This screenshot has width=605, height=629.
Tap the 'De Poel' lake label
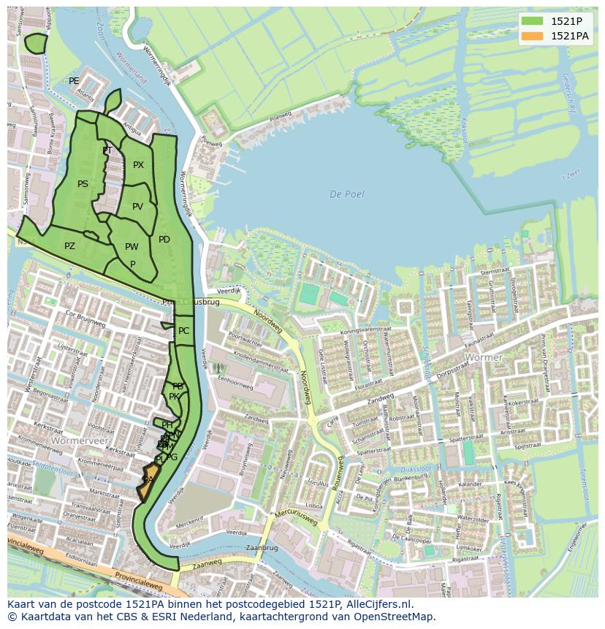click(x=346, y=194)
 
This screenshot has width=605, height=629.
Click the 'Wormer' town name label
click(x=483, y=358)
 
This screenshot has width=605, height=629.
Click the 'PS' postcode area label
click(x=83, y=184)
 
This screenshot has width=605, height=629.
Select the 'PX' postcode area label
click(x=138, y=165)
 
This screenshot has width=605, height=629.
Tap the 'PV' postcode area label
click(x=137, y=207)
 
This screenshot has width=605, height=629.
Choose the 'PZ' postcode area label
click(x=69, y=246)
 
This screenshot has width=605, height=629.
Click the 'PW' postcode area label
click(x=132, y=247)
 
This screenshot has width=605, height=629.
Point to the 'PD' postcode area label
click(x=164, y=240)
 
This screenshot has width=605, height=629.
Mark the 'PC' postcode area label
click(x=183, y=331)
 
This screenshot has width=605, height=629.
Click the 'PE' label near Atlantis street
click(x=74, y=81)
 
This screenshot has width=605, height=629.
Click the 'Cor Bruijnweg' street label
click(x=80, y=322)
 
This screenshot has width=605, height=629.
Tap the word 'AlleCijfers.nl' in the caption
click(x=379, y=605)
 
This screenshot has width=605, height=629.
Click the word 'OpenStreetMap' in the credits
click(x=397, y=617)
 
